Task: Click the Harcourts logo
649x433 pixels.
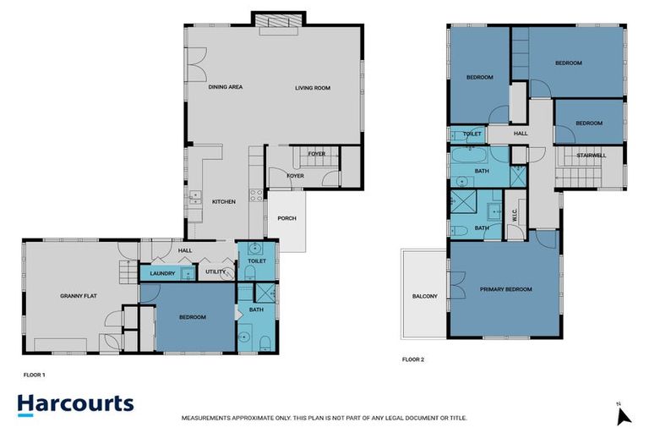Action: pos(75,403)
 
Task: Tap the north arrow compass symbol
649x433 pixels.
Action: pos(623,415)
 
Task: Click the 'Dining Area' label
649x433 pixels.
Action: pos(226,87)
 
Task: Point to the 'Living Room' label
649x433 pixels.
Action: pos(312,87)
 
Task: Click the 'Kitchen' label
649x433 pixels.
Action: pos(224,201)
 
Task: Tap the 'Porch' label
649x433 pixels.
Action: pos(286,219)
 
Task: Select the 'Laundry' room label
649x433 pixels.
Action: pos(161,273)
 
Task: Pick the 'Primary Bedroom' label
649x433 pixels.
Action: pos(506,289)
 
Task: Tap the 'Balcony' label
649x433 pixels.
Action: pos(425,296)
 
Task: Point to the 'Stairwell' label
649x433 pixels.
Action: pos(591,155)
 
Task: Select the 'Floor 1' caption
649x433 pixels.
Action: pos(34,373)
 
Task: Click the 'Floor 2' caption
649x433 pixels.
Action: pos(412,359)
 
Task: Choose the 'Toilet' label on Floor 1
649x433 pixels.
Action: pos(257,261)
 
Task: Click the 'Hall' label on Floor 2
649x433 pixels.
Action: pos(521,133)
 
